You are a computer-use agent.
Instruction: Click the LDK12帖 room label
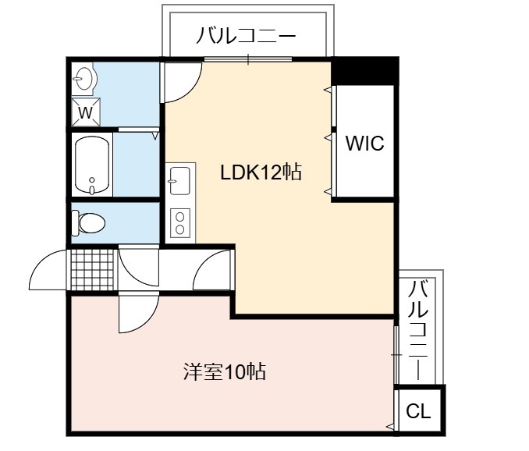tap(261, 172)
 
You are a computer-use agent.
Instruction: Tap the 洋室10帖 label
tap(225, 371)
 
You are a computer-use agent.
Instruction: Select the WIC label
tap(364, 143)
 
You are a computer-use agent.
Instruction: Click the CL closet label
tap(418, 411)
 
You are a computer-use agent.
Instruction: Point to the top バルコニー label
tap(246, 36)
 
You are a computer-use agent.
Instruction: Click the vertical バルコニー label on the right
tap(418, 330)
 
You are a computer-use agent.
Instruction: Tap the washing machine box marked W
tap(86, 112)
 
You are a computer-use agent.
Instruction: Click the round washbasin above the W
tap(83, 79)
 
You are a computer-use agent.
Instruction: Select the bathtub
tap(92, 165)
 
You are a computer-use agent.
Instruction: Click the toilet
tap(88, 222)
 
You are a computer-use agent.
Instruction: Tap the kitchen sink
tap(179, 181)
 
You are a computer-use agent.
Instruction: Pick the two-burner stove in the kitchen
tap(180, 222)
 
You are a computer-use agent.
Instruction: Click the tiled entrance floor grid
tap(92, 269)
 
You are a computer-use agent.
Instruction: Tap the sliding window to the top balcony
tap(248, 59)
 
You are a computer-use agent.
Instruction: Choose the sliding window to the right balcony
tap(396, 355)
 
